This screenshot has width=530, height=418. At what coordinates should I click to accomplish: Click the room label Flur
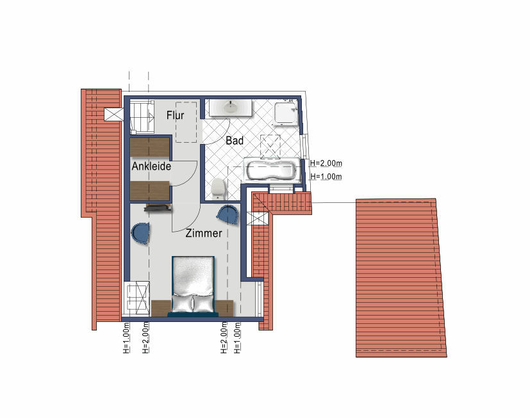click(x=175, y=115)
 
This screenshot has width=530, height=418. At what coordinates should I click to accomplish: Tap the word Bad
click(x=235, y=140)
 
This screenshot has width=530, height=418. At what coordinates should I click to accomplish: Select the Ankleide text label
click(x=151, y=166)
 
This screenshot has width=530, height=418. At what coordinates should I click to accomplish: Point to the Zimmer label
click(x=204, y=233)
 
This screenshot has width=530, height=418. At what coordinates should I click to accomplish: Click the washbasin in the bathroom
click(x=231, y=108)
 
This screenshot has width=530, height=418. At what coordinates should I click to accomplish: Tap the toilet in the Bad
click(x=218, y=188)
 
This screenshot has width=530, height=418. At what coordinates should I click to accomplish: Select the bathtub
click(x=272, y=170)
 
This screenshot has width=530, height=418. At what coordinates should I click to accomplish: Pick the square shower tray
click(x=286, y=113)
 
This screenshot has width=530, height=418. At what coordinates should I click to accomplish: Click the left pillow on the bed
click(x=182, y=303)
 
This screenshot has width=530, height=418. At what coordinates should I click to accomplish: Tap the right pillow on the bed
click(x=203, y=303)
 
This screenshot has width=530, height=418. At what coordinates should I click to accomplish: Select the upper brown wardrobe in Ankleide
click(x=150, y=147)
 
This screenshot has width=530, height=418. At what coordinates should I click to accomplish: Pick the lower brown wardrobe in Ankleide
click(x=150, y=191)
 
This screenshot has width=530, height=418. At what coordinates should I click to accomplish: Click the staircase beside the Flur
click(x=142, y=117)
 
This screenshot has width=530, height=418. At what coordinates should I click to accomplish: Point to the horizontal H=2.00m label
click(x=326, y=163)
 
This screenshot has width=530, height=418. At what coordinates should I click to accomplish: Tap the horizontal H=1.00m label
click(x=326, y=177)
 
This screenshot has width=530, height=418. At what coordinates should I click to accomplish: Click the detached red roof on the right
click(x=401, y=278)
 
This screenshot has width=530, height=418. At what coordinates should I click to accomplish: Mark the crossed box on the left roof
click(x=114, y=115)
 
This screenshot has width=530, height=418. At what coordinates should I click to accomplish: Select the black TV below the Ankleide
click(x=158, y=208)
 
